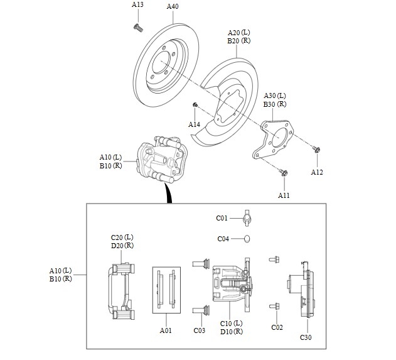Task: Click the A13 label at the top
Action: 137,4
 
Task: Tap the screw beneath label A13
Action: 137,26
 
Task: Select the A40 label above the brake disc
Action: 173,7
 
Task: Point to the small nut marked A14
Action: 196,104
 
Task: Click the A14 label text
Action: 195,124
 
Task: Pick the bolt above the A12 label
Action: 316,150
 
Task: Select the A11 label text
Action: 284,195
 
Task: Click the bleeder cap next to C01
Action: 247,219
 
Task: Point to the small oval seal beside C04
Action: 247,238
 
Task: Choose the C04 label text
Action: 223,239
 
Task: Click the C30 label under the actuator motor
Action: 306,337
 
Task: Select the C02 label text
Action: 277,327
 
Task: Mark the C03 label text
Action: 199,330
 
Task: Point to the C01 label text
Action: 222,219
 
